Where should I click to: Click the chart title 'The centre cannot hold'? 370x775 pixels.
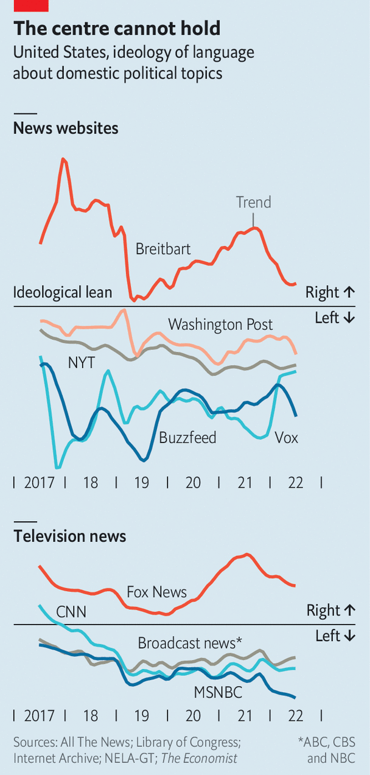coord(117,29)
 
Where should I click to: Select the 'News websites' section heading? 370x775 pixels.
coord(66,128)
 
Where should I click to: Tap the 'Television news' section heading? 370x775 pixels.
coord(70,536)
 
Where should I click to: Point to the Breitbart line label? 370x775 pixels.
coord(163,249)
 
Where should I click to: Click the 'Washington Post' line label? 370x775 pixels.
coord(220,324)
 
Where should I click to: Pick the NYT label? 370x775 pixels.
coord(81,363)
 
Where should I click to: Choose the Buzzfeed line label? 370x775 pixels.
coord(187,438)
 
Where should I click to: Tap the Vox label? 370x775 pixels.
coord(286,438)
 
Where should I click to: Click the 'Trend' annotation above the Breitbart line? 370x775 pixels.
coord(253,202)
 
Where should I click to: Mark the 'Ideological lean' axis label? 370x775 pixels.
coord(63,292)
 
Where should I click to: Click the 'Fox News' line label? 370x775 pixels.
coord(156,592)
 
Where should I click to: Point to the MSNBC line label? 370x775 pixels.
coord(218,692)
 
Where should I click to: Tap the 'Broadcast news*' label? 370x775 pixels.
coord(190,643)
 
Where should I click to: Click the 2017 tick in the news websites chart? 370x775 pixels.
coord(40,483)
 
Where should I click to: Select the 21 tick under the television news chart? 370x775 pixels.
coord(245,716)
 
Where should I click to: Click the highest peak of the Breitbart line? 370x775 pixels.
coord(63,159)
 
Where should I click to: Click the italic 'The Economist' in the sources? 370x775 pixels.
coord(201,759)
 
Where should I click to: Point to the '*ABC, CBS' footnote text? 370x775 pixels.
coord(326,743)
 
